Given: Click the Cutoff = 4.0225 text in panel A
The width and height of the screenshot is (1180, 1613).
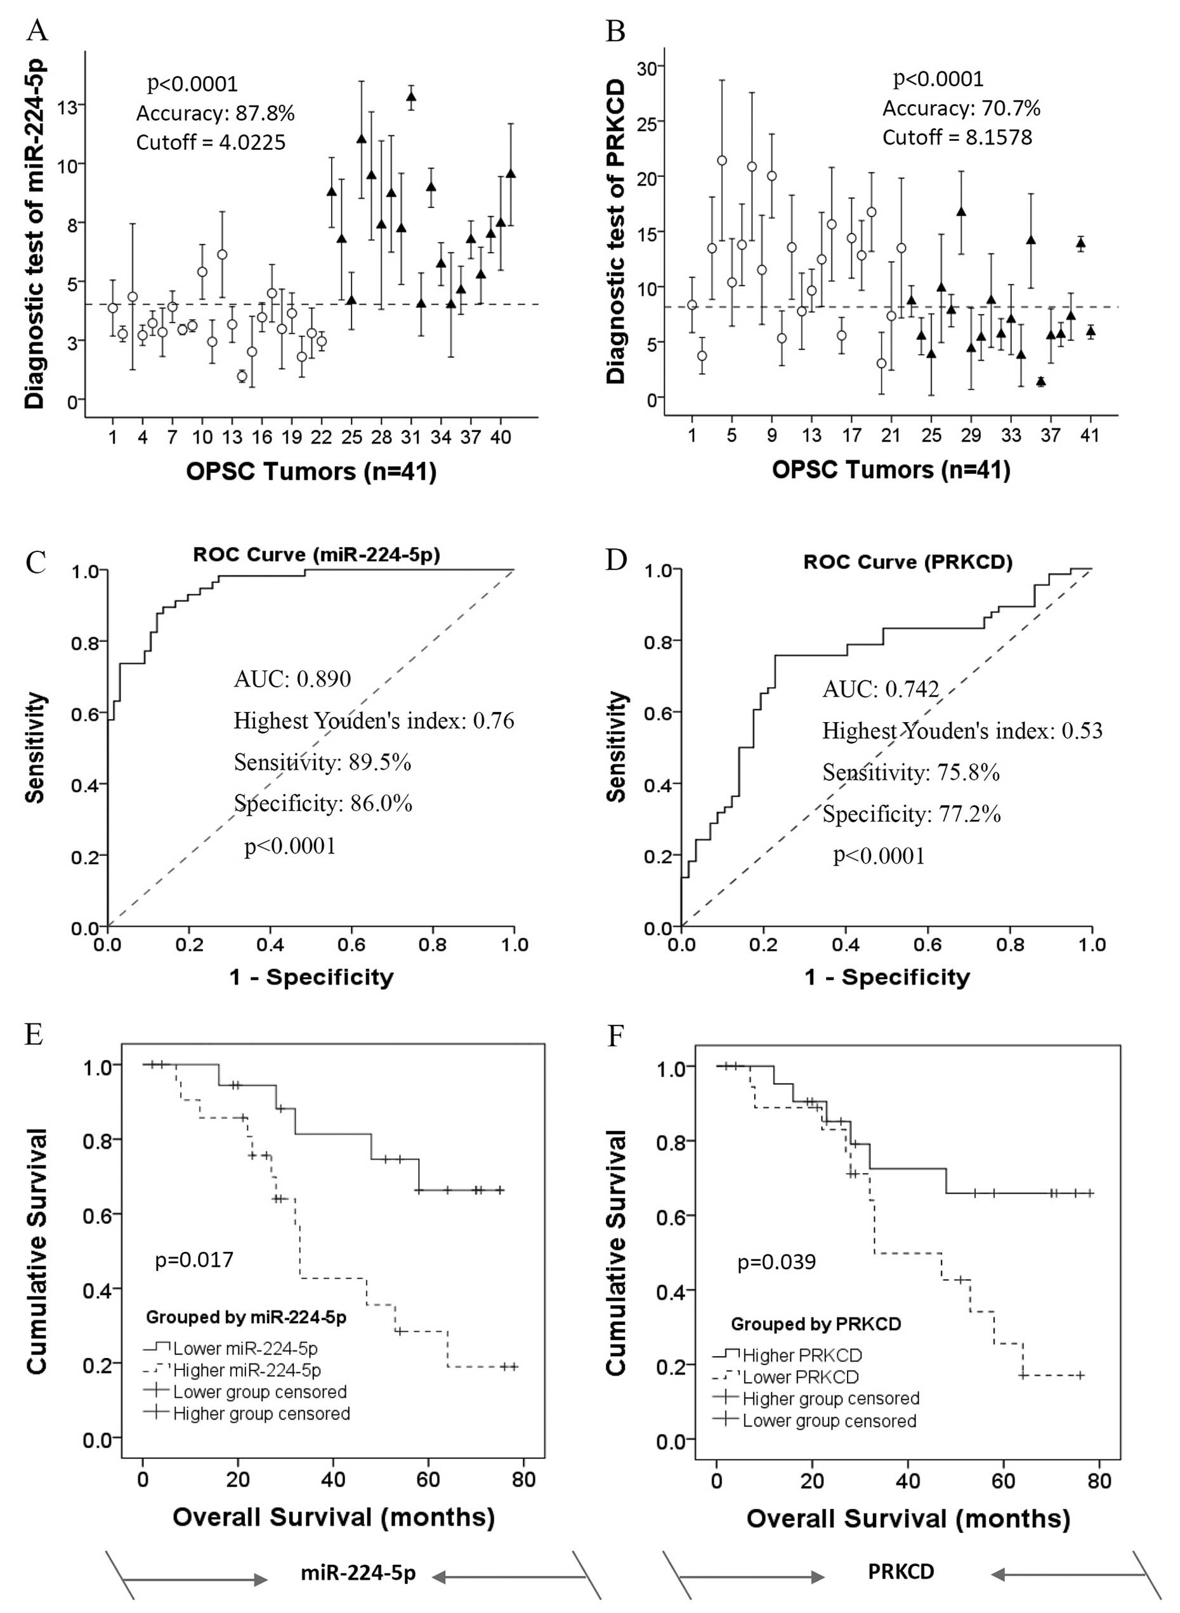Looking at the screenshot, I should [x=211, y=143].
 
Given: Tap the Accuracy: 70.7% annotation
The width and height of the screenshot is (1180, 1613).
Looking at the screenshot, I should [x=960, y=109].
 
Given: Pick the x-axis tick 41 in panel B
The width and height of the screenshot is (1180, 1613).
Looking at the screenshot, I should [x=1089, y=435].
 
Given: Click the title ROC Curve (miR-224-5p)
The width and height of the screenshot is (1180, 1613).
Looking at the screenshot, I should [x=316, y=555].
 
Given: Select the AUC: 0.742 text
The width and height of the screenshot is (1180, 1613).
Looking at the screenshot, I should [x=880, y=689].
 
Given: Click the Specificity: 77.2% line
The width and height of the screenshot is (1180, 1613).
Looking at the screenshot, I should [x=911, y=813].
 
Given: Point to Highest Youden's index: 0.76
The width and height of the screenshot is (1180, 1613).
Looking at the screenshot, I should [x=374, y=721].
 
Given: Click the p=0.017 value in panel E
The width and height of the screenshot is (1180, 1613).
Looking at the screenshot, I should [x=193, y=1260].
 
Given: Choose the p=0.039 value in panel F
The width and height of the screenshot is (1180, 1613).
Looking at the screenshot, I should [x=776, y=1262].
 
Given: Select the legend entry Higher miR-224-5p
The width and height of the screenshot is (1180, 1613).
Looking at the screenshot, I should [x=246, y=1371].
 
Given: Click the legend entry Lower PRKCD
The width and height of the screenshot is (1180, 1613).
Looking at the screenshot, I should [x=800, y=1377].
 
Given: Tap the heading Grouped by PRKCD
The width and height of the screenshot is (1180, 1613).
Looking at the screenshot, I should [x=816, y=1324].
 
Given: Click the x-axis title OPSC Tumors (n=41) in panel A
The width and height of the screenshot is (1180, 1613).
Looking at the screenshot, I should [x=311, y=471].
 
